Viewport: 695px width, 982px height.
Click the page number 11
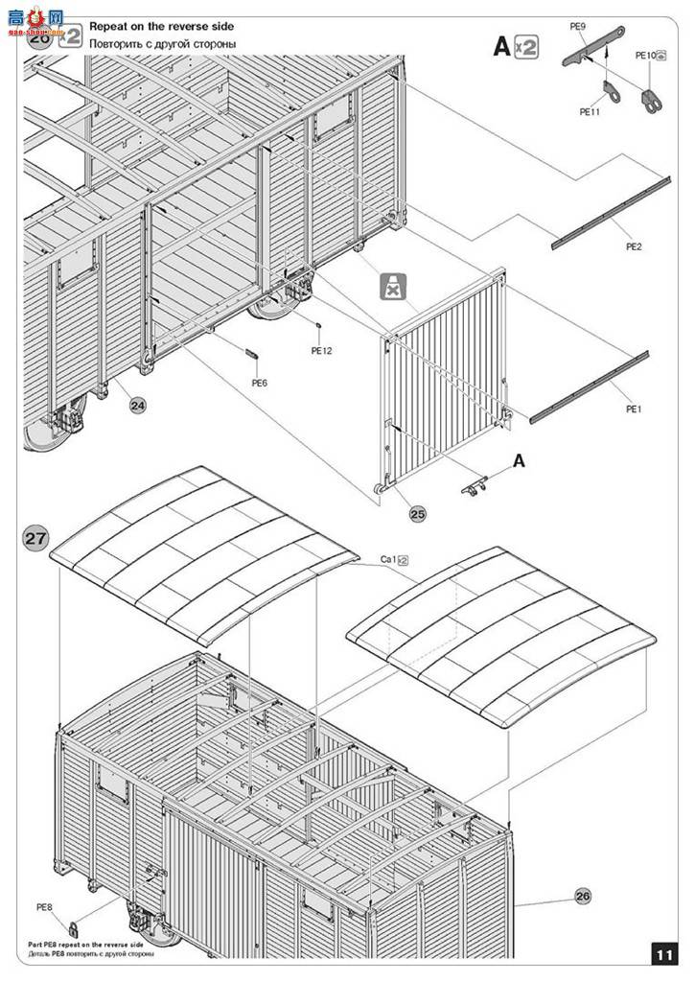point(665,955)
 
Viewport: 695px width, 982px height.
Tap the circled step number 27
point(36,539)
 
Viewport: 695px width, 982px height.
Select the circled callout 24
point(138,406)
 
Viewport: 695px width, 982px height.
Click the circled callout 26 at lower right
point(583,896)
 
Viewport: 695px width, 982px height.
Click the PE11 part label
point(590,111)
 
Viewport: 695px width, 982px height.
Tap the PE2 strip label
point(634,246)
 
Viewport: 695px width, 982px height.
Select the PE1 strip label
point(634,409)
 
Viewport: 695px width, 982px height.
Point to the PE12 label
point(321,351)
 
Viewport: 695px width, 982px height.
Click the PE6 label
point(259,384)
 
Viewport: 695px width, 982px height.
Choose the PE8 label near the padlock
point(44,906)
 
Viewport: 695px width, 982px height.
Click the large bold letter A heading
point(501,46)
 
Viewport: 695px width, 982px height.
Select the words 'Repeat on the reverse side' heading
point(161,27)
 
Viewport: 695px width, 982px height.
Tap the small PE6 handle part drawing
point(254,353)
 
